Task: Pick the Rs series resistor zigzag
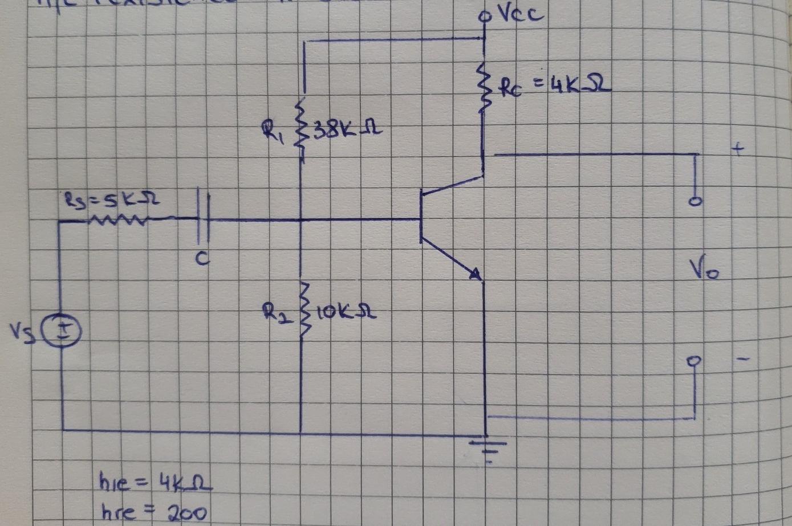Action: (x=120, y=220)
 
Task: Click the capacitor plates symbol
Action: (x=204, y=219)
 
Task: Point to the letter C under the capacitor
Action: (x=202, y=259)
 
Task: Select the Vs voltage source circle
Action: (x=64, y=331)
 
